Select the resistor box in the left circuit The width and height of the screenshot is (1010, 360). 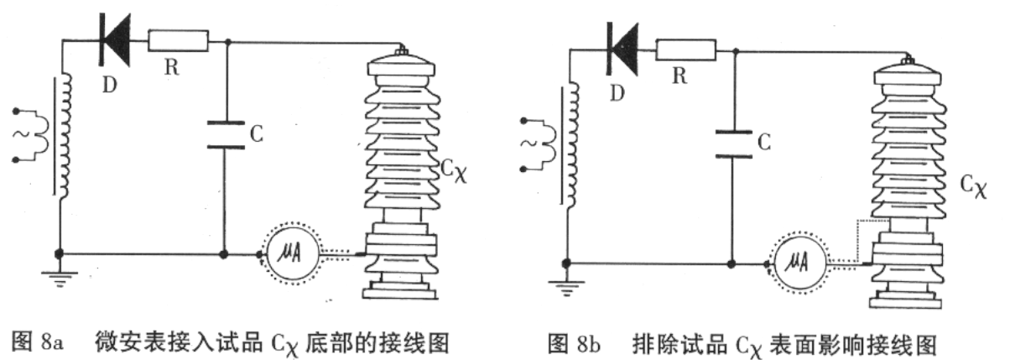(x=178, y=39)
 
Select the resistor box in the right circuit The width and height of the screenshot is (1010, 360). (x=686, y=49)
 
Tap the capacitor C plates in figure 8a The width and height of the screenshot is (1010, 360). (x=225, y=133)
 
